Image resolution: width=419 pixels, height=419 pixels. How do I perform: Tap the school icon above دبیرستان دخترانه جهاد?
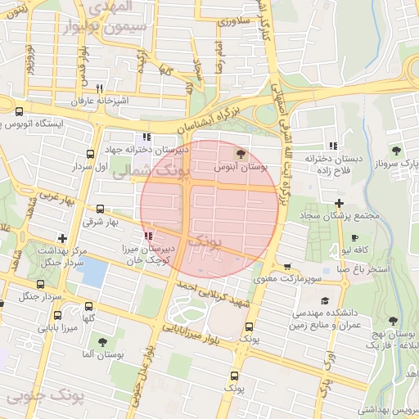(146, 137)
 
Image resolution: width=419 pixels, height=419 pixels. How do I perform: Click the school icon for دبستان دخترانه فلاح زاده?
(332, 145)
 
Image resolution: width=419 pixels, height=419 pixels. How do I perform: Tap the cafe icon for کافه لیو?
(346, 234)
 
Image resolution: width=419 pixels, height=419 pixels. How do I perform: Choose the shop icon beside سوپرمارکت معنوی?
(287, 267)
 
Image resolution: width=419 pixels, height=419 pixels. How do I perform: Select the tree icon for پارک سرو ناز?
(396, 151)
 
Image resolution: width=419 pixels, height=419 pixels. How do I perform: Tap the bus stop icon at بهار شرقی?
(101, 209)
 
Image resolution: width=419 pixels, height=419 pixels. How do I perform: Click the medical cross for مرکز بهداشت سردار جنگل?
(62, 237)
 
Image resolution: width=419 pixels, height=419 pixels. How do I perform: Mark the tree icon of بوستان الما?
(101, 343)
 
